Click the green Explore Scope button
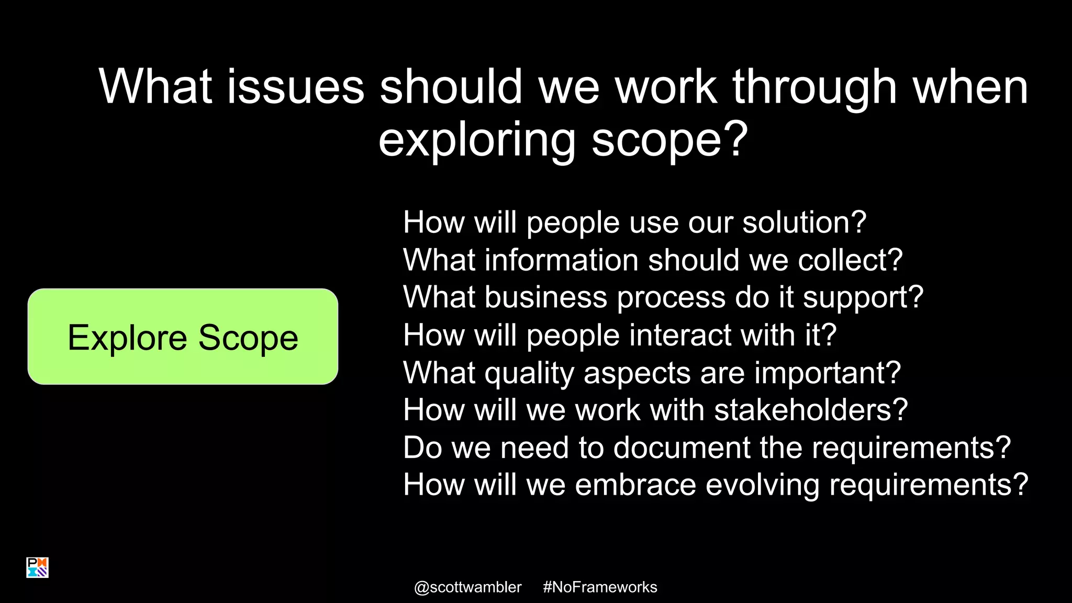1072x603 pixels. (183, 337)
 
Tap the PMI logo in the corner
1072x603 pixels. (37, 567)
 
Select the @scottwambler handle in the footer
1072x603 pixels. (467, 587)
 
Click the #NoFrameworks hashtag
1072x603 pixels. (600, 587)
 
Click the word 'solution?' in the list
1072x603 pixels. (805, 222)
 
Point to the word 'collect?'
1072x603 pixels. (851, 260)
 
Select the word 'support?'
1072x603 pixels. (863, 297)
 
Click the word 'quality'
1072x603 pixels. (529, 373)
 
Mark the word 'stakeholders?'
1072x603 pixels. (811, 410)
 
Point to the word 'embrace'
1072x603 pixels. (635, 485)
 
